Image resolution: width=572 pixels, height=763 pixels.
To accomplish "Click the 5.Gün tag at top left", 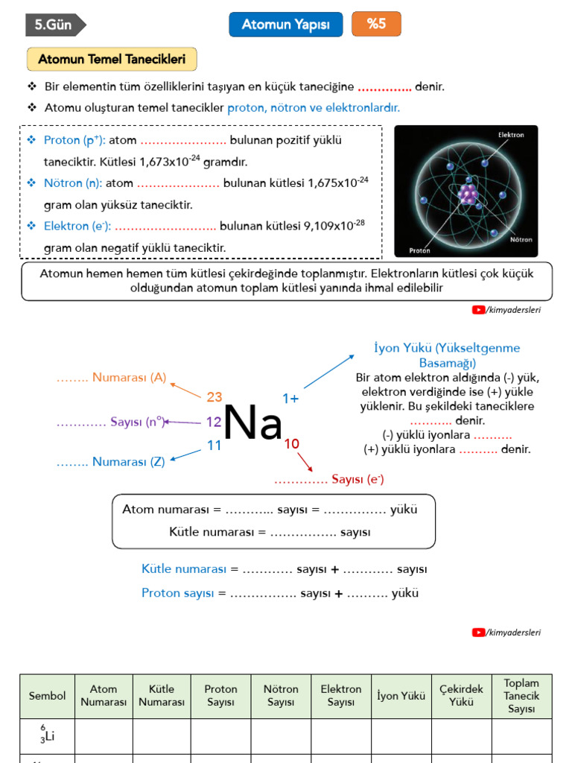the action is tap(54, 25).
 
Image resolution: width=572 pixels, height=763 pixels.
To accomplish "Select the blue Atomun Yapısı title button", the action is tap(286, 25).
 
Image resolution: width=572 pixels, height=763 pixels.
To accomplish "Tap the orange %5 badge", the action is tap(376, 24).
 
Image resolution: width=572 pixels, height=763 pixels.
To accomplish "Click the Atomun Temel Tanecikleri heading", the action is tap(112, 60).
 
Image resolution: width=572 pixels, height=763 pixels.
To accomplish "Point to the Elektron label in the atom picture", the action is tap(511, 135).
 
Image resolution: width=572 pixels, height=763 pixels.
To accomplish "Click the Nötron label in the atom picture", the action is tap(520, 240).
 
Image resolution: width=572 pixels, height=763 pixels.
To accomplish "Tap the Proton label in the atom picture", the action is tap(420, 250).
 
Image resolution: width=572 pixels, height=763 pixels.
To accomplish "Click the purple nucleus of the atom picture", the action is tap(467, 194).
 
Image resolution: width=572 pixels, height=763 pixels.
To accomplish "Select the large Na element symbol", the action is tap(252, 423).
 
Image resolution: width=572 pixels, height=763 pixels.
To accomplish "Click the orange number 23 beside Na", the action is tap(214, 397).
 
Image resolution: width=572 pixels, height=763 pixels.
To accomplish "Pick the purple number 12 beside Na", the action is tap(214, 422).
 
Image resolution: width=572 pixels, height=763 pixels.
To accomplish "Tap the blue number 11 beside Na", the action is tap(214, 446).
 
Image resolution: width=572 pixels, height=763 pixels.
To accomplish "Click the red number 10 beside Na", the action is tap(291, 444).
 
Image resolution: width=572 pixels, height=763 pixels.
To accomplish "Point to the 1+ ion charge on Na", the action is tap(290, 399).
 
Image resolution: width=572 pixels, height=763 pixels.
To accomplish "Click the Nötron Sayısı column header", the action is tap(281, 695).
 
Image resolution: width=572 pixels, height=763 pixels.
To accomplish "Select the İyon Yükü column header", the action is tap(401, 696).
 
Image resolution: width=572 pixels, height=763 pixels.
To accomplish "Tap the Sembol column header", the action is tap(47, 696).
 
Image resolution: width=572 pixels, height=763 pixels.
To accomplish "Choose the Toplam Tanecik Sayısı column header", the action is tap(521, 696).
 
